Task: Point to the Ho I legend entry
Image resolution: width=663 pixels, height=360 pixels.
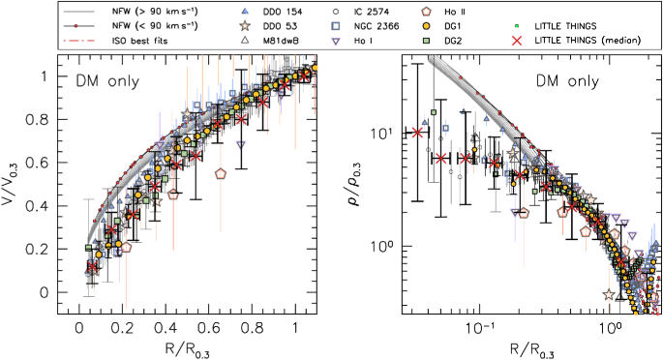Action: pos(345,41)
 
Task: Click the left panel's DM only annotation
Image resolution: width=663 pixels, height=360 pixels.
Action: pos(100,82)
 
